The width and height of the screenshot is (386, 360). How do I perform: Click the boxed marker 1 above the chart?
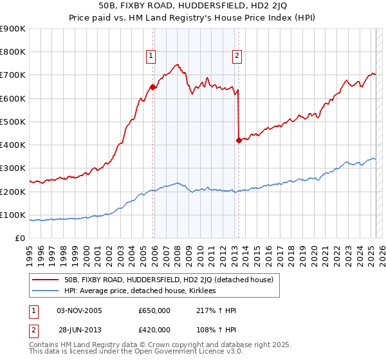[x=151, y=56]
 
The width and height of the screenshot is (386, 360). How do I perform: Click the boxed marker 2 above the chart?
[x=237, y=56]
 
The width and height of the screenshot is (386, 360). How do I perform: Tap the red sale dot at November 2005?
[x=153, y=87]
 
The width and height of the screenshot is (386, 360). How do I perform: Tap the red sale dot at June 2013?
[x=239, y=140]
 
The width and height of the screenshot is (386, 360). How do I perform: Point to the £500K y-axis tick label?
[x=14, y=122]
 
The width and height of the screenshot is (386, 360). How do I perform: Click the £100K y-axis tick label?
[x=14, y=215]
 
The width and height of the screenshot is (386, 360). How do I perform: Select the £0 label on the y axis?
[x=21, y=239]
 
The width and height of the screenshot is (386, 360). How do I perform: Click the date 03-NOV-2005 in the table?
[x=80, y=310]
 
